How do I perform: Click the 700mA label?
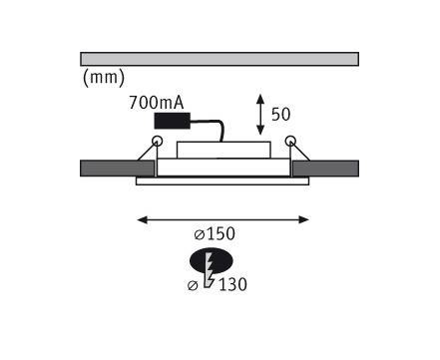(x=157, y=103)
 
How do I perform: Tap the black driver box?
(x=173, y=121)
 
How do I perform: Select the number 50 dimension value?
(x=280, y=115)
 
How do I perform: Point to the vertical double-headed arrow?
(x=260, y=115)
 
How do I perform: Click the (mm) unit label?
(x=104, y=78)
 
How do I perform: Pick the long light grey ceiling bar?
(x=220, y=59)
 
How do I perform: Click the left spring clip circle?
(x=157, y=141)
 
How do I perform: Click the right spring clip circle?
(x=290, y=141)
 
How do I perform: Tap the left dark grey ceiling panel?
(x=118, y=169)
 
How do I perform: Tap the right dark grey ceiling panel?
(x=325, y=169)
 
